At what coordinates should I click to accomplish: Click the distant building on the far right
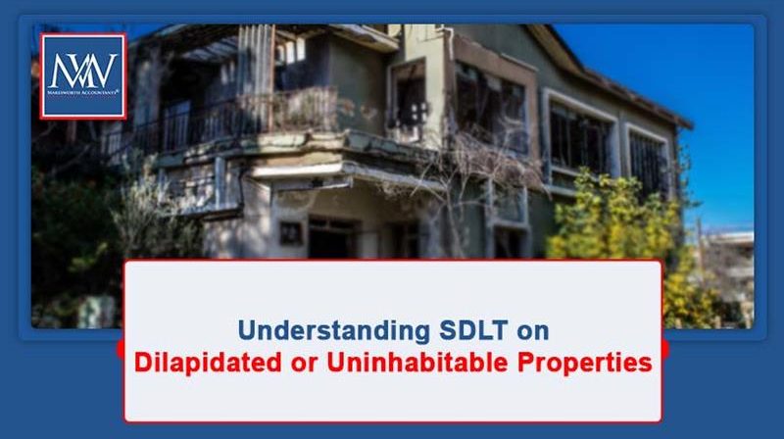730,260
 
